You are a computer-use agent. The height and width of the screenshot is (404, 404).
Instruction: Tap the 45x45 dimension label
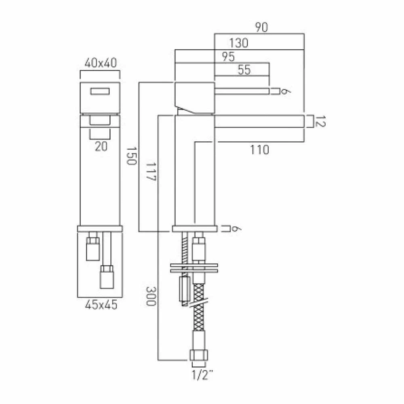coord(101,305)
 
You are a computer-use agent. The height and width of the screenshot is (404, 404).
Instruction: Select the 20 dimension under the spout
coord(101,147)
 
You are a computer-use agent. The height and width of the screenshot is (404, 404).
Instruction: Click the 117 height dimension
coord(152,172)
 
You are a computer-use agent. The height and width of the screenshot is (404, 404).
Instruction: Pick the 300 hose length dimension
coord(151,296)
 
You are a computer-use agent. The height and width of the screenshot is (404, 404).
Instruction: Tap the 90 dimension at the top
coord(261,27)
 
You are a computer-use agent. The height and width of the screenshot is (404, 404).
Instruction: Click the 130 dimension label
coord(238,43)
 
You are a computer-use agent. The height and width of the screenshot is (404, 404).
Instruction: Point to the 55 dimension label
coord(244,70)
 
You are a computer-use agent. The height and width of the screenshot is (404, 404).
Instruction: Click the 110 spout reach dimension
coord(259,150)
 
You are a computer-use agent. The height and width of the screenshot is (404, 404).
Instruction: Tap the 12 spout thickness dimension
coord(319,122)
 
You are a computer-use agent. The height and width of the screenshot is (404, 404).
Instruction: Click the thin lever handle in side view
coord(242,90)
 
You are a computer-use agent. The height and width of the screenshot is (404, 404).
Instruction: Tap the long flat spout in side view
coord(259,122)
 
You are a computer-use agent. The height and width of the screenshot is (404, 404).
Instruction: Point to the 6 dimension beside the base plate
coord(238,229)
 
